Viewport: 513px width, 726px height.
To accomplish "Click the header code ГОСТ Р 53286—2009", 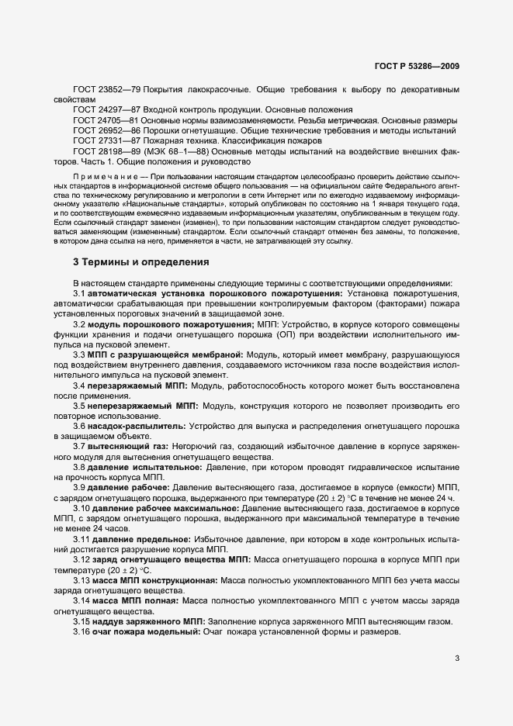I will [x=418, y=67].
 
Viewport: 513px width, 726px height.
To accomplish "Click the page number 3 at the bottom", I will [x=457, y=659].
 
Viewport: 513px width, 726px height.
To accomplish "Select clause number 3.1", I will [x=79, y=294].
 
